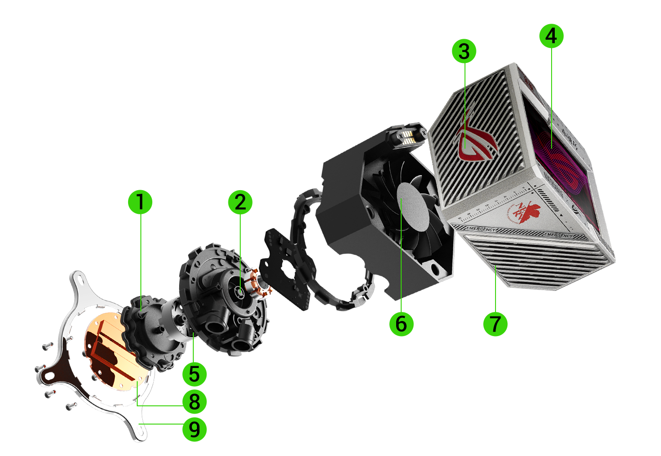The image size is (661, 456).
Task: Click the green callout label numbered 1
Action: coord(140,202)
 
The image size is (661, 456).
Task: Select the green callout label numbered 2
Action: coord(240,202)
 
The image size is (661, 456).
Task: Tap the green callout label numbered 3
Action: coord(464,51)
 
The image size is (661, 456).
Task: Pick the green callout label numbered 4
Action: coord(551,36)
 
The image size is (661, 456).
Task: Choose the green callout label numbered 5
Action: coord(194,374)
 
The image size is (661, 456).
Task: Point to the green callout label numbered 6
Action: coord(401,324)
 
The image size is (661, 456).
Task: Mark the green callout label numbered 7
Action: coord(495,324)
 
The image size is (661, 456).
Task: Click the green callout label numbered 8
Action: coord(194,402)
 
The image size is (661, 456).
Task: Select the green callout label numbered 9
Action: coord(194,429)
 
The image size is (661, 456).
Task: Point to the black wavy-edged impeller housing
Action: coord(150,333)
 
